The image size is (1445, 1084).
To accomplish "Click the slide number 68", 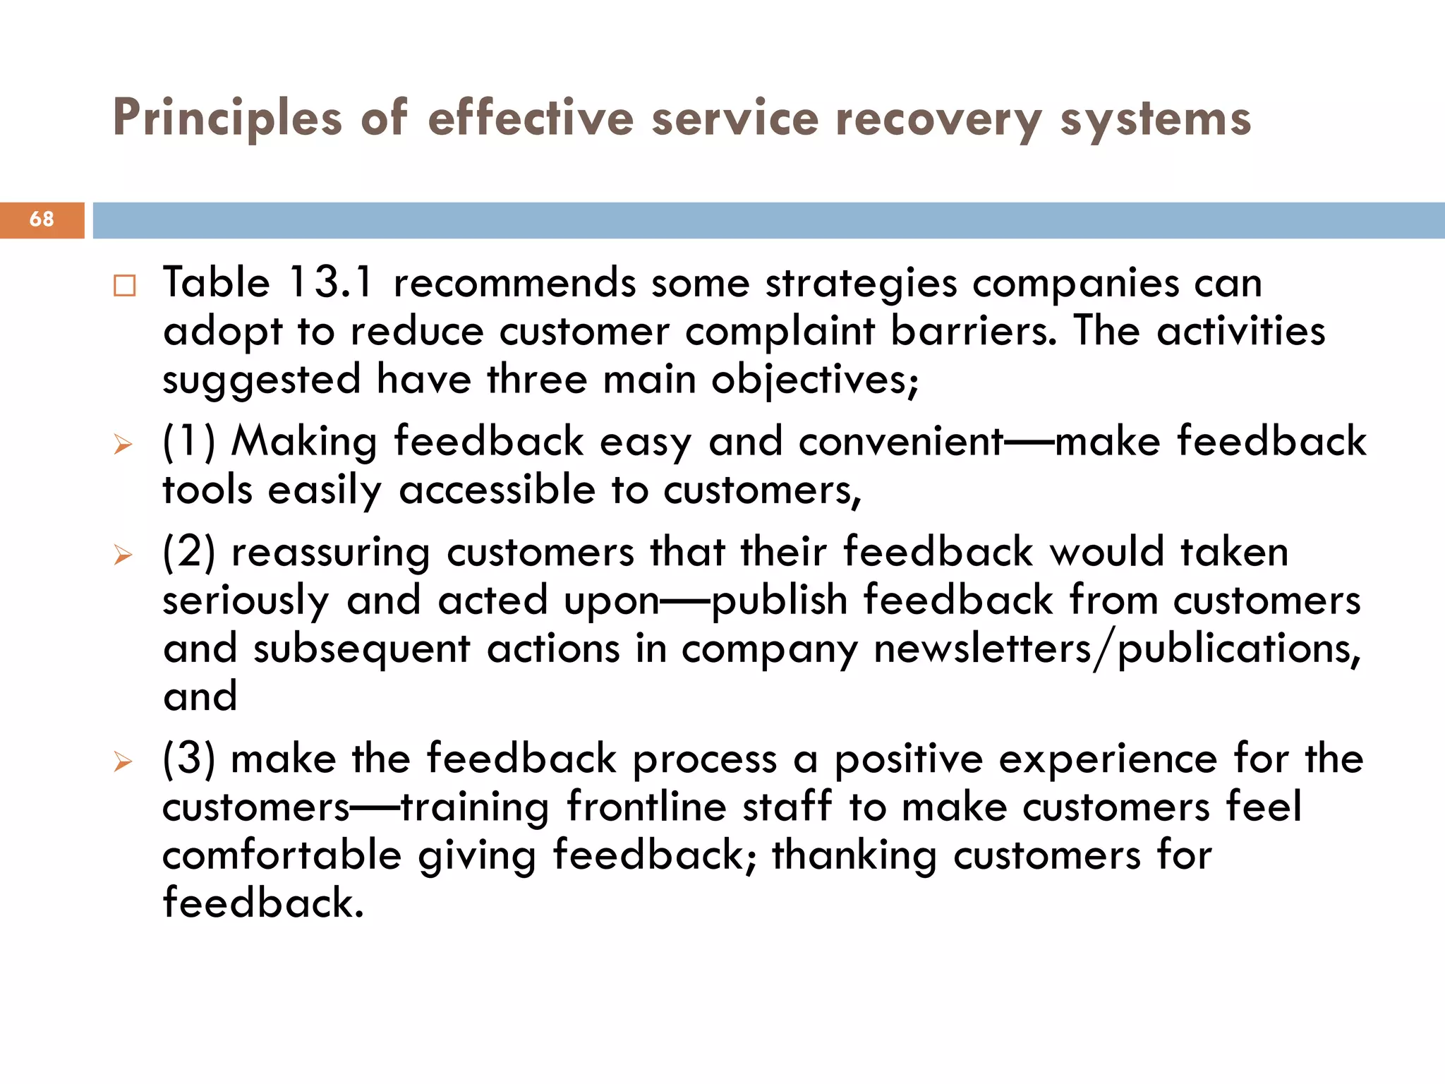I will pyautogui.click(x=42, y=219).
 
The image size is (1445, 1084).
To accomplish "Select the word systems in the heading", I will pyautogui.click(x=1156, y=119).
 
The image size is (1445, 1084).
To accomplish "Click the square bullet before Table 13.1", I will pyautogui.click(x=124, y=286).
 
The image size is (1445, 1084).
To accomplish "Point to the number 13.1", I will pyautogui.click(x=330, y=283).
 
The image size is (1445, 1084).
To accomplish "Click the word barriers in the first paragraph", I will pyautogui.click(x=974, y=331).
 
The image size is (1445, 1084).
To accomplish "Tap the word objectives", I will pyautogui.click(x=814, y=380).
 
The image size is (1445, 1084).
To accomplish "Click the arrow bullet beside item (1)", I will pyautogui.click(x=123, y=445).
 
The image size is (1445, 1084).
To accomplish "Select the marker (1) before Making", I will pyautogui.click(x=188, y=442).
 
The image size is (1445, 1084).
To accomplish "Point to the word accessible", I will pyautogui.click(x=497, y=490).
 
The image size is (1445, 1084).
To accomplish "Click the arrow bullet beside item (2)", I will pyautogui.click(x=123, y=555).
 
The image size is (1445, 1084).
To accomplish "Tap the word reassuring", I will pyautogui.click(x=330, y=553).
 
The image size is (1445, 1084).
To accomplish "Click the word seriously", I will pyautogui.click(x=246, y=601).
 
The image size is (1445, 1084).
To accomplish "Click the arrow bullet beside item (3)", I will pyautogui.click(x=123, y=761).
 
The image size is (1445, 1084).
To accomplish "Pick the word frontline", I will pyautogui.click(x=646, y=807).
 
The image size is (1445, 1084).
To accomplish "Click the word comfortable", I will pyautogui.click(x=282, y=855).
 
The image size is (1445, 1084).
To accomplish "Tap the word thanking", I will pyautogui.click(x=854, y=855).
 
